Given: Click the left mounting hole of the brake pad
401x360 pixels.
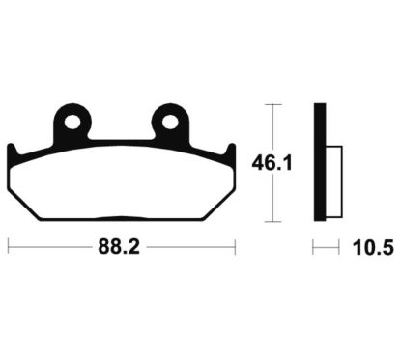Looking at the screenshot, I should (x=71, y=122).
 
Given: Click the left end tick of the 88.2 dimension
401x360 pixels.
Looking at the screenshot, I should (x=8, y=248).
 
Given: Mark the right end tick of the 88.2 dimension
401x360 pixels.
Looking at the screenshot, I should (x=235, y=248).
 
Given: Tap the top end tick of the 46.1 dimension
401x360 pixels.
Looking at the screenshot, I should (x=276, y=103).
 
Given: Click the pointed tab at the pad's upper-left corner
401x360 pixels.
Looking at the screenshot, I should (x=14, y=149).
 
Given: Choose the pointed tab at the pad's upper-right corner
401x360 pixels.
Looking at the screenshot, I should (x=230, y=149).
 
